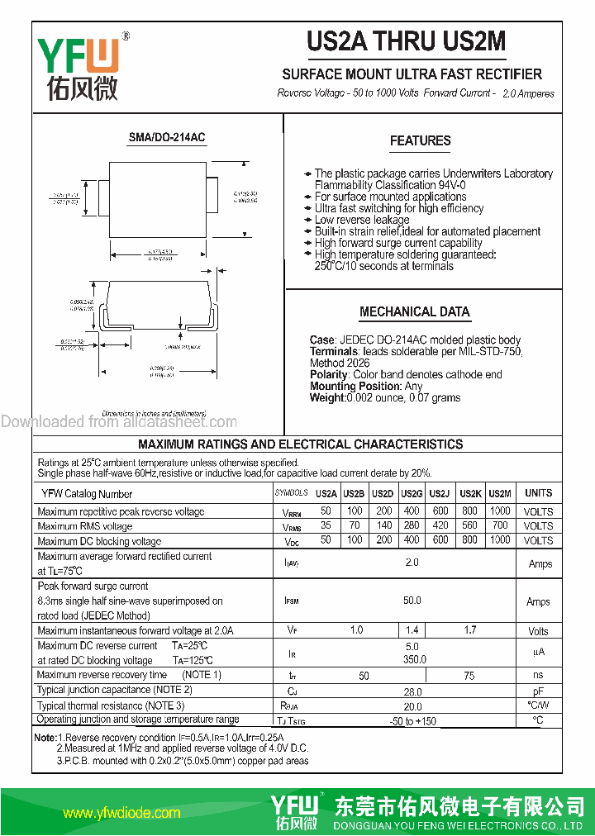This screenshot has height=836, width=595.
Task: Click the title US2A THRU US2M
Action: click(406, 41)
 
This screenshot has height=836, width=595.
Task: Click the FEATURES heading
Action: click(420, 141)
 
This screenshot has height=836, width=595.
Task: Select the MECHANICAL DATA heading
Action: click(415, 312)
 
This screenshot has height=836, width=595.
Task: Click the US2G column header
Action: click(412, 493)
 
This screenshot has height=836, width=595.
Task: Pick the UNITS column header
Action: click(538, 493)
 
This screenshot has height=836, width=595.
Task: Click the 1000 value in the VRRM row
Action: click(500, 511)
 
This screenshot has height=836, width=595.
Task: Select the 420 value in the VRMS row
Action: click(440, 525)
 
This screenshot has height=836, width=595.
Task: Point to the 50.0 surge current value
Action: click(412, 601)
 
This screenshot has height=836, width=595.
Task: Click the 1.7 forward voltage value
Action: click(469, 630)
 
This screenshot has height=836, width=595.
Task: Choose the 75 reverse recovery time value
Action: click(469, 675)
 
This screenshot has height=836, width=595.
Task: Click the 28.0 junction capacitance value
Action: click(412, 691)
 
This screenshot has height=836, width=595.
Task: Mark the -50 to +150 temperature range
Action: click(412, 721)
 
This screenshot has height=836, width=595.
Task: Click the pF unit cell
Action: click(538, 691)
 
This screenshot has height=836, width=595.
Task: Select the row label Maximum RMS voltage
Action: click(85, 526)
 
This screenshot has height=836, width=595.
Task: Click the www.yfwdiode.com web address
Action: click(121, 813)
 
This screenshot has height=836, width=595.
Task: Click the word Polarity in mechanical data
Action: click(330, 374)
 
